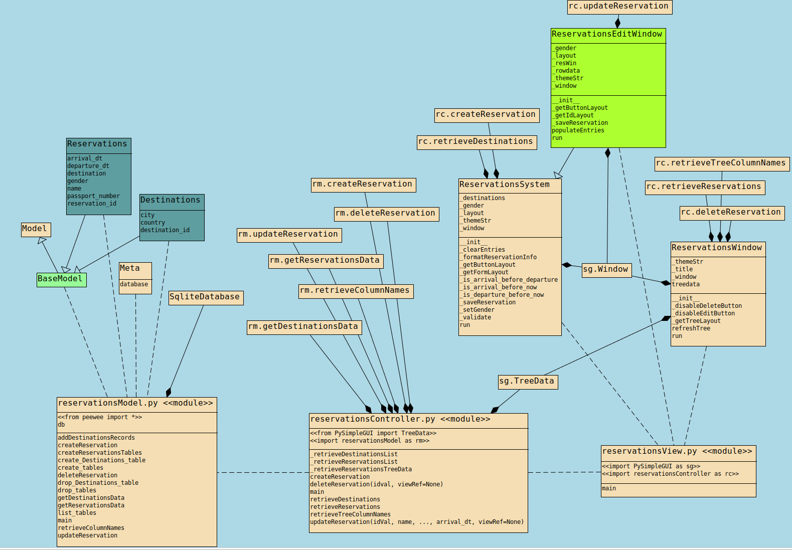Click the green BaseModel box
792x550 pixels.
61,279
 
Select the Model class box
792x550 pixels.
36,229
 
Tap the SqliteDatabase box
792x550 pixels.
206,297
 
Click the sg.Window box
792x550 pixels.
606,270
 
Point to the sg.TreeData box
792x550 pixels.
527,382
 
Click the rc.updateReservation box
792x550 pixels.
619,7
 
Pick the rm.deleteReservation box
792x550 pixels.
386,214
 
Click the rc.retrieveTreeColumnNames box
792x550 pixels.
721,163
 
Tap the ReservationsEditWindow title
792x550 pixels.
607,35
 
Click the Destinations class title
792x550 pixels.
171,201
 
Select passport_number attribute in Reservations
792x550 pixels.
94,196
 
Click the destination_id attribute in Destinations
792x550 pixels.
165,230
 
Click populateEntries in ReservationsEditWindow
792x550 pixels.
578,130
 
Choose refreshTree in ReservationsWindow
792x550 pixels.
691,328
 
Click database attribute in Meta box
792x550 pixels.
134,284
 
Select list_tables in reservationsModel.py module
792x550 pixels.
77,513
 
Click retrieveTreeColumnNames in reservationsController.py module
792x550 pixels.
350,514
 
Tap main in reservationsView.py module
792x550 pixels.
609,488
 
